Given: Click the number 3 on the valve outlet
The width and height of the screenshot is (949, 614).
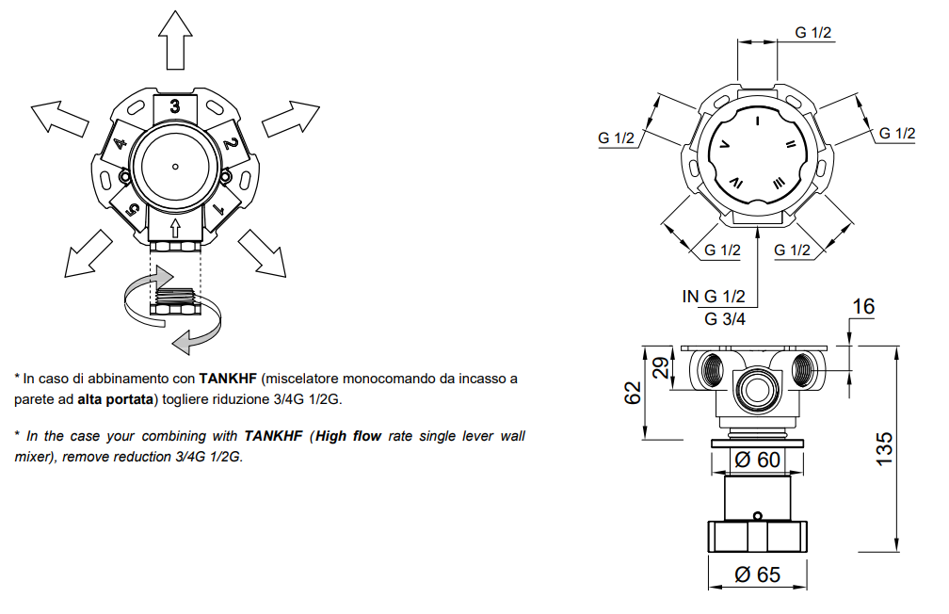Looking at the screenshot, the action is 175,106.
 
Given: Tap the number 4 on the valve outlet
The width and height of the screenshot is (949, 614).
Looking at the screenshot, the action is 121,143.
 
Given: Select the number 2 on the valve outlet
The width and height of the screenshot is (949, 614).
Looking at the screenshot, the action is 230,143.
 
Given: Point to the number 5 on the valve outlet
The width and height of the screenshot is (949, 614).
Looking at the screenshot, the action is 133,210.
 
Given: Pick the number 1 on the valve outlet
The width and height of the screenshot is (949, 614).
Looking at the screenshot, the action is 218,210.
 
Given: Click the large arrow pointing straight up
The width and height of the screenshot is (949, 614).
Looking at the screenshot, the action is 175,40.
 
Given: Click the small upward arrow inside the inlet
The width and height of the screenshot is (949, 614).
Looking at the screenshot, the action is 175,228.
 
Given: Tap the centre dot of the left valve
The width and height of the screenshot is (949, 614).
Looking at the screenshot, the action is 175,167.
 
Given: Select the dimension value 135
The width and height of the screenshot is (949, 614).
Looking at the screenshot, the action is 884,448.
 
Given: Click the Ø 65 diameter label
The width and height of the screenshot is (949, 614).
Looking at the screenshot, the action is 757,574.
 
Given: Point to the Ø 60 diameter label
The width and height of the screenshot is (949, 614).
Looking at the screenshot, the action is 757,460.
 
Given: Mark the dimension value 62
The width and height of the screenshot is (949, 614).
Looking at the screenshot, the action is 632,393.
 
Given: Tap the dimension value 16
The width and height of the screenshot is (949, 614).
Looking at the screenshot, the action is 863,306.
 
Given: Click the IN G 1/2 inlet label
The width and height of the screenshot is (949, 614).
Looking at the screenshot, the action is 714,296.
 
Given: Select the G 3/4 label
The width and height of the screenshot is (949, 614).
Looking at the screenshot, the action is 725,318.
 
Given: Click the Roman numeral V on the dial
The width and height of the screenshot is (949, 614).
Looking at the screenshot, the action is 725,145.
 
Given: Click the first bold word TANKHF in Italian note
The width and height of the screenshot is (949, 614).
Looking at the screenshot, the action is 228,379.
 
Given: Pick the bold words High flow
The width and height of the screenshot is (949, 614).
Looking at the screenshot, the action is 348,436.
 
